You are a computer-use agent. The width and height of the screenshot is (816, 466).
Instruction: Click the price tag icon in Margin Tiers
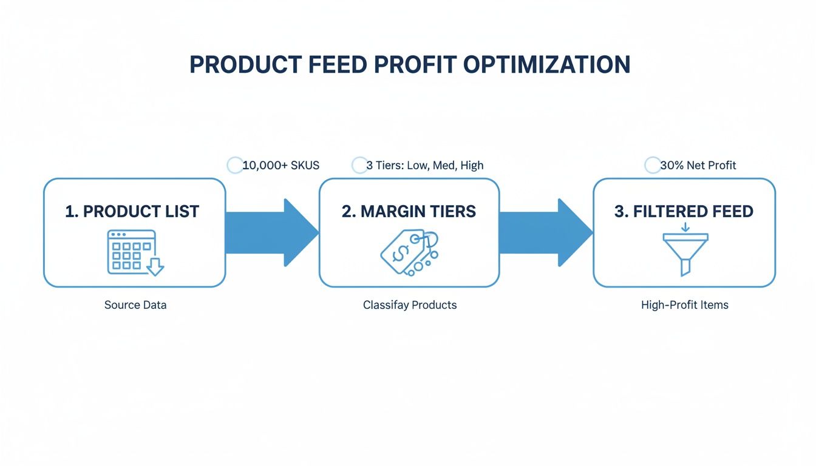tap(409, 253)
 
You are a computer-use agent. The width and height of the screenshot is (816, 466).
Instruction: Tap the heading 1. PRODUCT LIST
tap(132, 211)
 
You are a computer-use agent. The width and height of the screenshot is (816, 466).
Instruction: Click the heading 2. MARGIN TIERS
tap(409, 211)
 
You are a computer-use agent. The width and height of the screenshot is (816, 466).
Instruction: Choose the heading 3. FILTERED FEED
tap(684, 211)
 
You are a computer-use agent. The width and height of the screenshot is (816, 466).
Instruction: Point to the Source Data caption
tap(135, 305)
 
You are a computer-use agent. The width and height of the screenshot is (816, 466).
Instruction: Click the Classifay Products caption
tap(410, 305)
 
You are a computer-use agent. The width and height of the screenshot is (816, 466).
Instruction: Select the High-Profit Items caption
tap(684, 305)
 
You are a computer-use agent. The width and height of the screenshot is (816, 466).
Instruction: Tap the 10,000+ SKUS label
tap(280, 165)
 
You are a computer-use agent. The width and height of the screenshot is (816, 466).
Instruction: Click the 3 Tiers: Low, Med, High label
tap(425, 165)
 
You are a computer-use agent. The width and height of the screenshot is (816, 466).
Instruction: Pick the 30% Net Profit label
tap(698, 165)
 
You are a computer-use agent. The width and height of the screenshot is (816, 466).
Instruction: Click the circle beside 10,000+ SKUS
tap(234, 165)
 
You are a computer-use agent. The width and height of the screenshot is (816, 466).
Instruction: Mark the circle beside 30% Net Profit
tap(652, 165)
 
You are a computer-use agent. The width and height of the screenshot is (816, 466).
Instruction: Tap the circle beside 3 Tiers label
tap(359, 165)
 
